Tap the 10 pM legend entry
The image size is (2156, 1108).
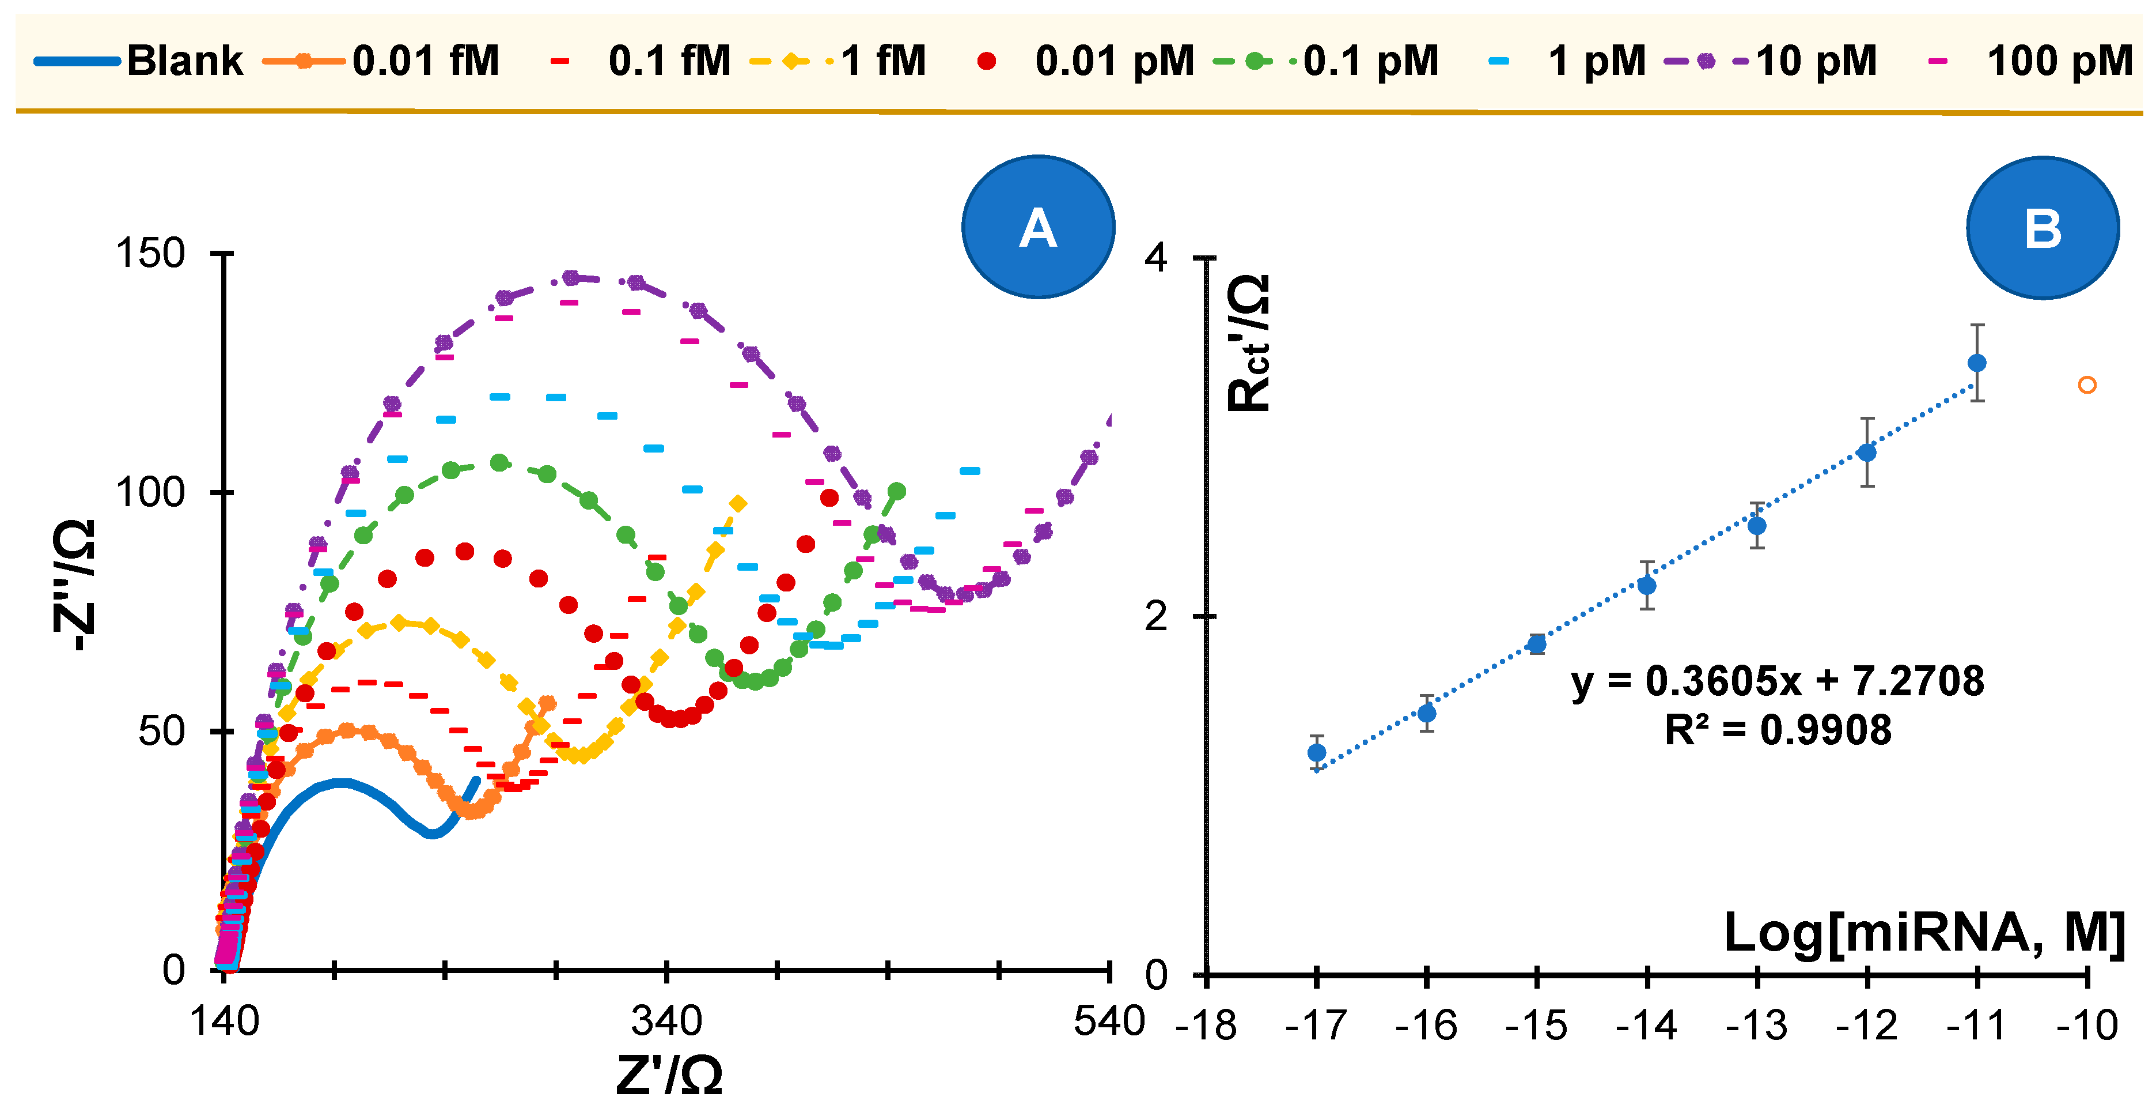[x=1816, y=61]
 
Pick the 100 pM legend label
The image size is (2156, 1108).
[x=2059, y=61]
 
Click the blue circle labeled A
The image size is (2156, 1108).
[x=1038, y=227]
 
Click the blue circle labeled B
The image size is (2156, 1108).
[x=2042, y=228]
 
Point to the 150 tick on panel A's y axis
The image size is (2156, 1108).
[x=151, y=253]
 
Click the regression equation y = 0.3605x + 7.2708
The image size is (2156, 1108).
[x=1777, y=681]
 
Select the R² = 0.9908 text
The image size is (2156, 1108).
[x=1777, y=729]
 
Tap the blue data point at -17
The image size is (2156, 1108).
[x=1317, y=753]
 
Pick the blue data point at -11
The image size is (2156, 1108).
[x=1977, y=363]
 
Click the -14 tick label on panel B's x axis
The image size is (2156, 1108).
[x=1646, y=1025]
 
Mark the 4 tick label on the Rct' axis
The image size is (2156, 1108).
[x=1156, y=258]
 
